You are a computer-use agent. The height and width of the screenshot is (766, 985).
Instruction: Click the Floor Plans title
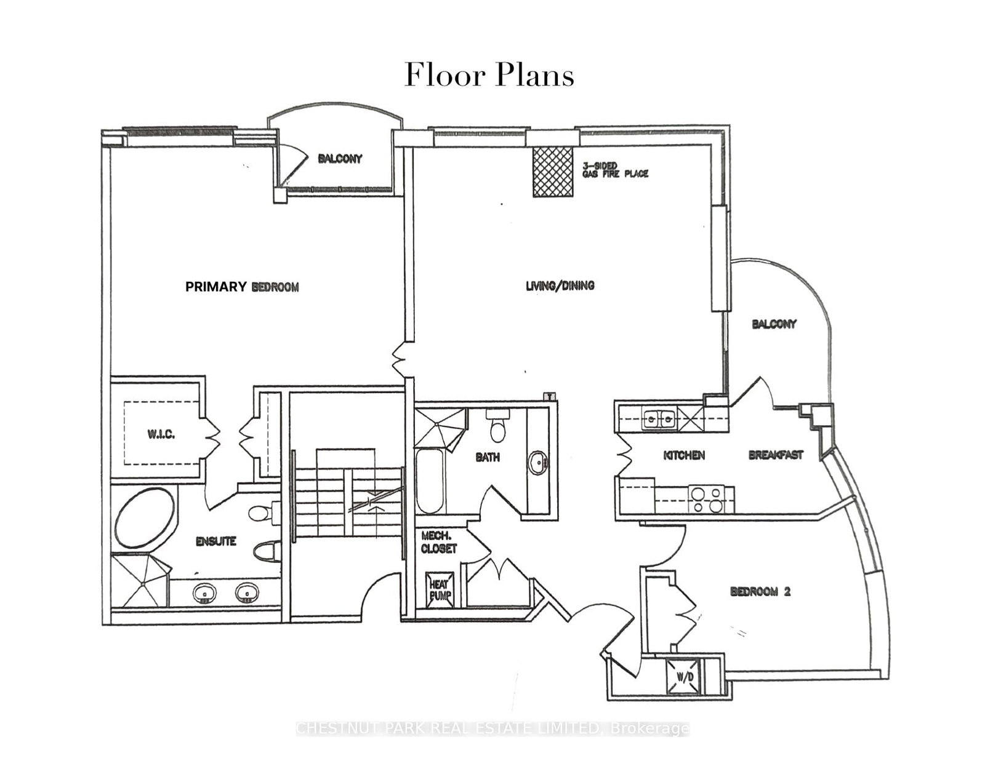click(x=489, y=76)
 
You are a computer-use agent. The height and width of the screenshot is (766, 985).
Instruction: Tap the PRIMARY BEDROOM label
click(x=242, y=287)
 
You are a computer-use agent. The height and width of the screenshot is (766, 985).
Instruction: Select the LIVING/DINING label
click(x=560, y=285)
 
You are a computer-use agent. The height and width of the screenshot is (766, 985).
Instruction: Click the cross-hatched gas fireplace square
click(x=553, y=172)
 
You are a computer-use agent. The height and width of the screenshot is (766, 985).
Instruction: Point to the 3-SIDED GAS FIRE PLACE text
click(x=615, y=170)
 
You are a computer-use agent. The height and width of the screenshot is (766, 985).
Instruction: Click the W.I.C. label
click(x=161, y=434)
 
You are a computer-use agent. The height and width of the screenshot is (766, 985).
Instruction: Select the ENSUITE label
click(x=215, y=541)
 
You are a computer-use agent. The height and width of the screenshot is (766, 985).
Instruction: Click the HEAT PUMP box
click(x=440, y=589)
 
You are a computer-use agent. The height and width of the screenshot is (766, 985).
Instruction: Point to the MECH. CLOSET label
click(x=439, y=542)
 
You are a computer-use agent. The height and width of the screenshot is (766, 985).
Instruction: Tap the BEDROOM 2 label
click(x=760, y=592)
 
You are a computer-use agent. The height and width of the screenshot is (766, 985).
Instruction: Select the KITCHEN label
click(x=684, y=455)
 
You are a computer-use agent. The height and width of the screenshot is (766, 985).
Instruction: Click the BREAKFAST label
click(x=776, y=455)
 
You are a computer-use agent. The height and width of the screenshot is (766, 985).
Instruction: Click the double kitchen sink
click(x=658, y=420)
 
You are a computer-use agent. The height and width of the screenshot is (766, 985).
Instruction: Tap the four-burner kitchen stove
click(x=706, y=499)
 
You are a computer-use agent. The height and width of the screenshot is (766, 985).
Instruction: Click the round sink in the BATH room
click(x=539, y=463)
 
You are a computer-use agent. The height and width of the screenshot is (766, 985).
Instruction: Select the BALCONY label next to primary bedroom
click(x=340, y=159)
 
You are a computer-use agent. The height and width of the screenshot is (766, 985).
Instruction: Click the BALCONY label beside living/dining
click(x=774, y=324)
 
